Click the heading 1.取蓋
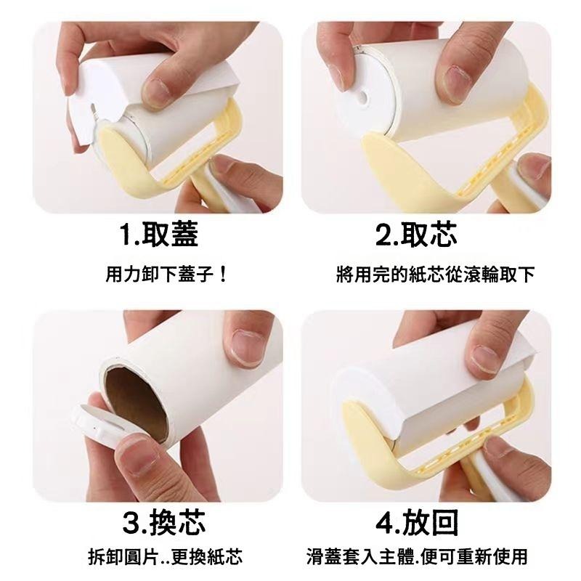tap(158, 234)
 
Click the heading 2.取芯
tap(415, 234)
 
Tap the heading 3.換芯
tap(164, 521)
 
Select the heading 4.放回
tap(417, 521)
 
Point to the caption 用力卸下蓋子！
tap(166, 275)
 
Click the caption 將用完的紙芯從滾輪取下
tap(435, 275)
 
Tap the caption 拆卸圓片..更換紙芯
tap(166, 557)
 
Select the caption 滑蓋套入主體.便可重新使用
tap(417, 556)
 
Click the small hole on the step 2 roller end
tap(363, 98)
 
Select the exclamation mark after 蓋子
tap(223, 275)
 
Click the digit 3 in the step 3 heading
tap(131, 522)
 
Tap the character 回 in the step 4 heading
tap(444, 521)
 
